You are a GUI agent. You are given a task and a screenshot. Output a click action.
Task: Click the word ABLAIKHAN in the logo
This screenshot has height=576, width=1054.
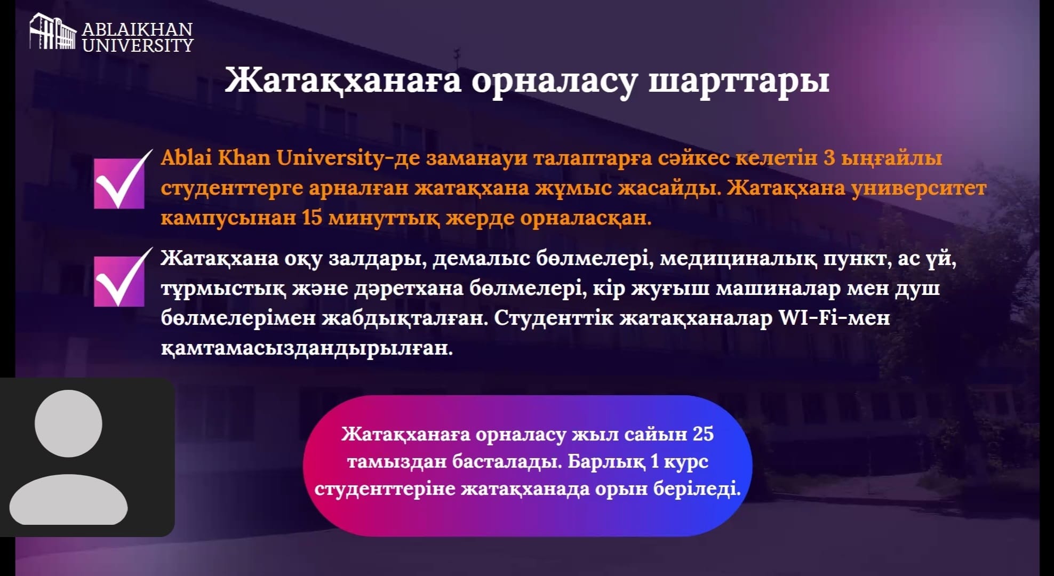point(138,29)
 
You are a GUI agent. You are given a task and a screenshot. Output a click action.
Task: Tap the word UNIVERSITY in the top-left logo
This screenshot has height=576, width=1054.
point(138,45)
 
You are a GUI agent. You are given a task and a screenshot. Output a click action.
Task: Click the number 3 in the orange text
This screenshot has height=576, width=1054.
point(829,158)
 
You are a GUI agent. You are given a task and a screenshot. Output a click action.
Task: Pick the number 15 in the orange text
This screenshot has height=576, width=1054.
point(312,218)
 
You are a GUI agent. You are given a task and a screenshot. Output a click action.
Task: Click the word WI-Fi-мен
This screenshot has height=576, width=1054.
point(834,318)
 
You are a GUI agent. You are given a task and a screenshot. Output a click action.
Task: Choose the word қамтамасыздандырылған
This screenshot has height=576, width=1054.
point(307,349)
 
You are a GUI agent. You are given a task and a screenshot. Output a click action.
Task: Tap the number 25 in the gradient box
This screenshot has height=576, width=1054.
point(703,434)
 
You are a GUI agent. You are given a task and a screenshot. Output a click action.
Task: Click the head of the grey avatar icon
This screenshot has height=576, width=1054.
point(68,423)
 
